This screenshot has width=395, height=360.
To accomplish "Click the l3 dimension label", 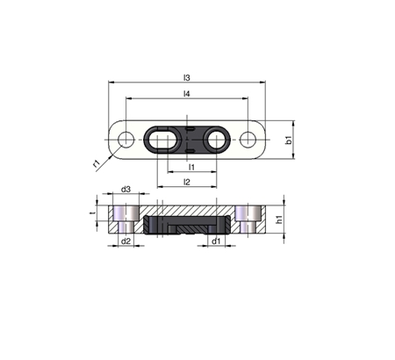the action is tap(187, 78).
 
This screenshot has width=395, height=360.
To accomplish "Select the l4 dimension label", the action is tap(187, 94).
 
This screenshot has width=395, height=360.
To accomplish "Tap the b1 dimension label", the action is tap(289, 140).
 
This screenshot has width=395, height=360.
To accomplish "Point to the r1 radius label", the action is tap(97, 163).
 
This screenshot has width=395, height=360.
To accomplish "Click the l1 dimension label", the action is tap(191, 167).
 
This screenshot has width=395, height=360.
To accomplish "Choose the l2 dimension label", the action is tap(187, 182).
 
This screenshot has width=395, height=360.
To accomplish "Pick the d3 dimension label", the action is tap(126, 190).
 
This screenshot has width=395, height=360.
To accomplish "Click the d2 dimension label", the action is tap(126, 241).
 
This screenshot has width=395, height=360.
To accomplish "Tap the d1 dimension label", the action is tap(216, 241).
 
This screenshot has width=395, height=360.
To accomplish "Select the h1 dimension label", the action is tap(280, 220).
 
